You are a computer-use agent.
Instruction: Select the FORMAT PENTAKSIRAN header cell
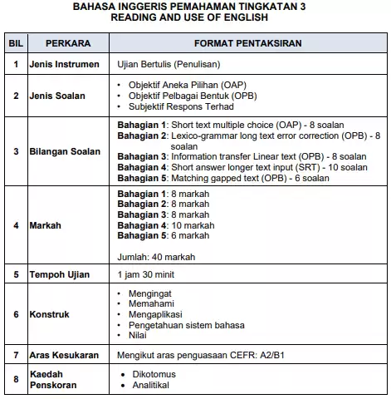247,42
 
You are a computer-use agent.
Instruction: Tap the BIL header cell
16,42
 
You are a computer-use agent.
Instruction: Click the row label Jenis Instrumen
64,64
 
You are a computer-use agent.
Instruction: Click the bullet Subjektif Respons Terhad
181,106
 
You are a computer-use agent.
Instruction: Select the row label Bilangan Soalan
64,151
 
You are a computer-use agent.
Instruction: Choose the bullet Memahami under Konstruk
152,304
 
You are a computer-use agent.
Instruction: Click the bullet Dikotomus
154,375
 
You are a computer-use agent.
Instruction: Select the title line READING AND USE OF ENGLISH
195,17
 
